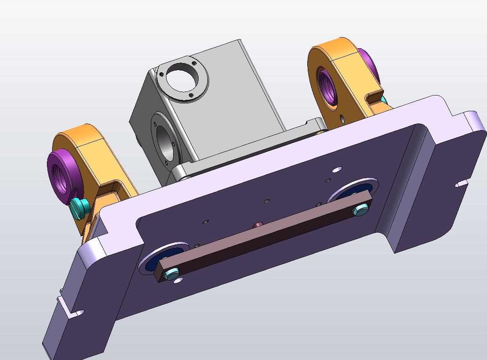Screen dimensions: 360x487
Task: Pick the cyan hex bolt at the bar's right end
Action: (361, 209)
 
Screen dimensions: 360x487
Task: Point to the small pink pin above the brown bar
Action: (258, 225)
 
